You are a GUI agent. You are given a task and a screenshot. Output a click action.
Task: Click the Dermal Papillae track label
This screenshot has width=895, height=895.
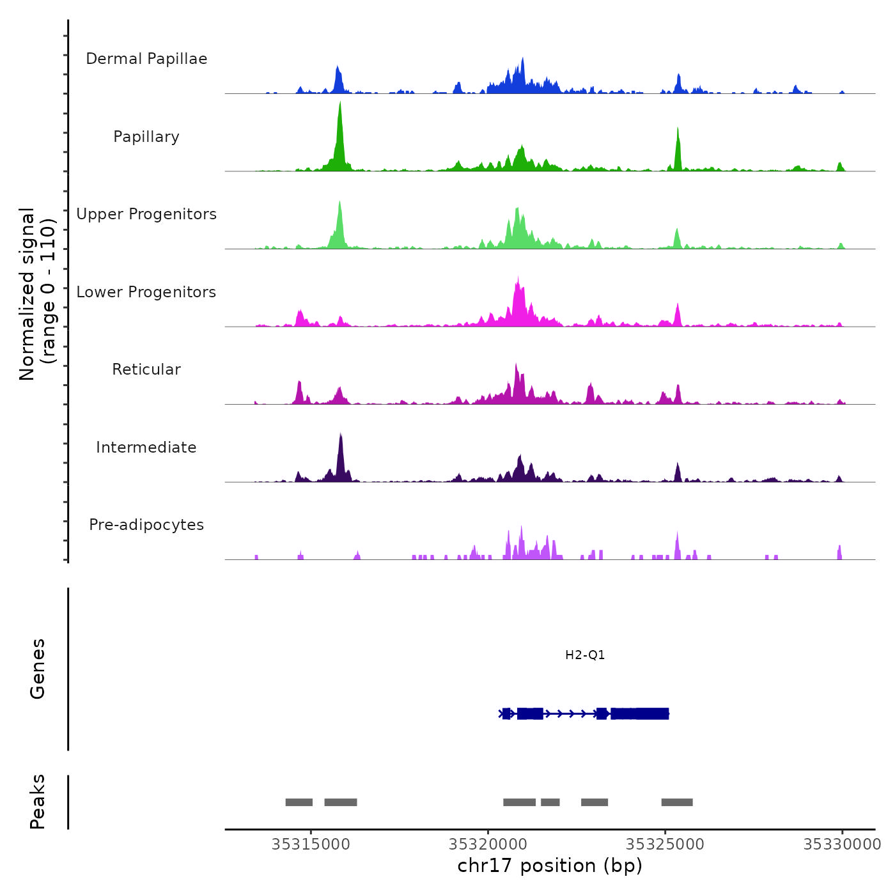(146, 59)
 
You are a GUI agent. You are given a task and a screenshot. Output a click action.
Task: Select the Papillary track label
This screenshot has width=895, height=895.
(146, 137)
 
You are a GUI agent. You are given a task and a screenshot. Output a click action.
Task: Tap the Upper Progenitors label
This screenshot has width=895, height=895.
(146, 214)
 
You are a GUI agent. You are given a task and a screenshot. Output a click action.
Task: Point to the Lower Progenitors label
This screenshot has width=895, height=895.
(146, 292)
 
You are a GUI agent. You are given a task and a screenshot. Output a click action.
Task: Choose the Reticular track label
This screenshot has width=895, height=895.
(146, 370)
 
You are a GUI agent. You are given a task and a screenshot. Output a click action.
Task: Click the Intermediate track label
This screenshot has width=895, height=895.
(146, 447)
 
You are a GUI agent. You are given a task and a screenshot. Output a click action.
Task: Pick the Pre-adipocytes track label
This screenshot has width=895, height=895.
(146, 525)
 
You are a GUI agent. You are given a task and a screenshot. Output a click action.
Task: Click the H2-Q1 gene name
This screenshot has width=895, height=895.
(585, 655)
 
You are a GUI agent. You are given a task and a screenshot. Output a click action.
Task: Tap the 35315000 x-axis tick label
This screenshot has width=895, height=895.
(311, 844)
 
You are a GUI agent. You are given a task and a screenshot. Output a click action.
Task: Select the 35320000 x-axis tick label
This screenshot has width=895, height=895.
(488, 844)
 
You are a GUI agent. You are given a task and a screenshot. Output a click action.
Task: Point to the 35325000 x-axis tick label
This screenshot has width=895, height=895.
(665, 844)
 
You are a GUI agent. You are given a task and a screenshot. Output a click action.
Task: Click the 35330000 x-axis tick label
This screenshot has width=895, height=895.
(842, 844)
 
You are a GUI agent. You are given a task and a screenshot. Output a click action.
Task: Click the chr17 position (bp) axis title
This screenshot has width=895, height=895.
(550, 866)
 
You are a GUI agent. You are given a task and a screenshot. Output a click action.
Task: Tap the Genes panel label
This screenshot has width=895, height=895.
(38, 668)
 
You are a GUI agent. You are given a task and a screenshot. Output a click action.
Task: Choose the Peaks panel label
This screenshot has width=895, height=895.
(38, 802)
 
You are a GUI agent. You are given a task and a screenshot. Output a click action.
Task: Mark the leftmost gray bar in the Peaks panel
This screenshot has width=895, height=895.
(299, 802)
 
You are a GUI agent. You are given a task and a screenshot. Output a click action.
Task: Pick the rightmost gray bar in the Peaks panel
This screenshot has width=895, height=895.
(677, 802)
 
